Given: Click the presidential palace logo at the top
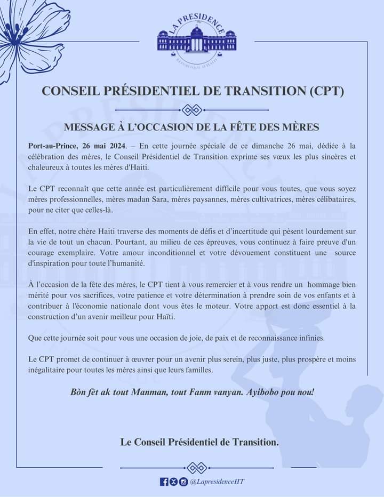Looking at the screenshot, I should click(196, 42).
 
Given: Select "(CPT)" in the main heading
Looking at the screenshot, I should click(327, 91).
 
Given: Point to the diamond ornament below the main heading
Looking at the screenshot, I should click(191, 109).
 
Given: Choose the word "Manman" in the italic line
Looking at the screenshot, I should click(141, 392).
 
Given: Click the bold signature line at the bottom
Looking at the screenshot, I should click(199, 442).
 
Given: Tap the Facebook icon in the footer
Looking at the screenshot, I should click(164, 482).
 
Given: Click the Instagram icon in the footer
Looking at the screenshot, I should click(183, 482).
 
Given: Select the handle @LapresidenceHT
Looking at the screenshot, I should click(217, 482).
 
